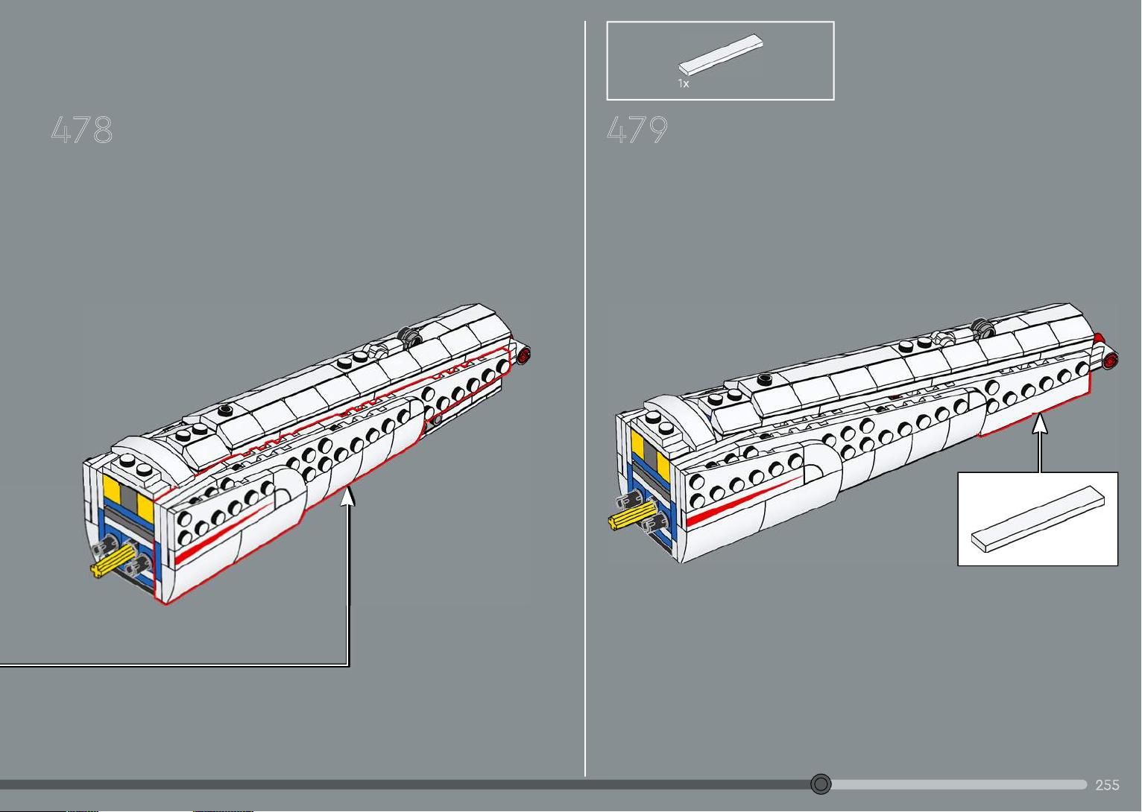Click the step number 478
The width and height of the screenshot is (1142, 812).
tap(81, 130)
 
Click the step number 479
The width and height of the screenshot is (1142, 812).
tap(637, 130)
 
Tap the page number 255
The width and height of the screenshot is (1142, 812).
tap(1107, 785)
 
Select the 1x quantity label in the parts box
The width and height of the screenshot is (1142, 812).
tap(683, 83)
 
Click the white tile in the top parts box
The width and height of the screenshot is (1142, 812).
tap(720, 54)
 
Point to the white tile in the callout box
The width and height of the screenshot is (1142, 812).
tap(1038, 518)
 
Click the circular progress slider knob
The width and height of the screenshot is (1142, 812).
tap(821, 784)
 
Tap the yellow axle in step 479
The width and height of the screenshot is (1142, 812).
tap(631, 516)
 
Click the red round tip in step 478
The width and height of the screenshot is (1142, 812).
tap(524, 355)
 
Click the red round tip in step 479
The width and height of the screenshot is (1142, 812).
tap(1111, 360)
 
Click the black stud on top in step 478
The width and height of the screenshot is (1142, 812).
tap(224, 410)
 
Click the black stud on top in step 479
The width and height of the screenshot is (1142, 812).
tap(764, 379)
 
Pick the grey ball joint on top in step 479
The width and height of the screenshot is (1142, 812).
tap(982, 327)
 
